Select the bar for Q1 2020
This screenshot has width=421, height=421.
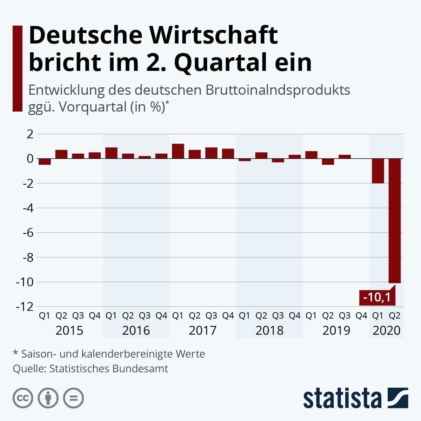pyautogui.click(x=378, y=171)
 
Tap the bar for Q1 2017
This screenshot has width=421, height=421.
pyautogui.click(x=178, y=151)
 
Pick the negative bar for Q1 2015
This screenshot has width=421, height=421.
pyautogui.click(x=45, y=162)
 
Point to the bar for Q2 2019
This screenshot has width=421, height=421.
pyautogui.click(x=328, y=162)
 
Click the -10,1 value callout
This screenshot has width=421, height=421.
pyautogui.click(x=377, y=298)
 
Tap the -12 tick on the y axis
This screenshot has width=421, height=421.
pyautogui.click(x=24, y=306)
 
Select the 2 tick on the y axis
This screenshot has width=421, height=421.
pyautogui.click(x=30, y=134)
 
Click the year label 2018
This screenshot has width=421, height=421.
pyautogui.click(x=269, y=330)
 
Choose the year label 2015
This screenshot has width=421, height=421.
pyautogui.click(x=69, y=330)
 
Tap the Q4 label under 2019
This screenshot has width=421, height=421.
pyautogui.click(x=361, y=316)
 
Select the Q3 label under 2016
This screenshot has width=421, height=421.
pyautogui.click(x=145, y=316)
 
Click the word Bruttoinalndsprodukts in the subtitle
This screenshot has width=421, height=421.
pyautogui.click(x=278, y=90)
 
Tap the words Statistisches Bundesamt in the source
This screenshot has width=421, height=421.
pyautogui.click(x=108, y=369)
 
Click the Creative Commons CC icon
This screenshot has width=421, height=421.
pyautogui.click(x=23, y=398)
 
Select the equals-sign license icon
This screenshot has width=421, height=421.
pyautogui.click(x=74, y=398)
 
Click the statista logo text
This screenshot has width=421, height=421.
pyautogui.click(x=342, y=399)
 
